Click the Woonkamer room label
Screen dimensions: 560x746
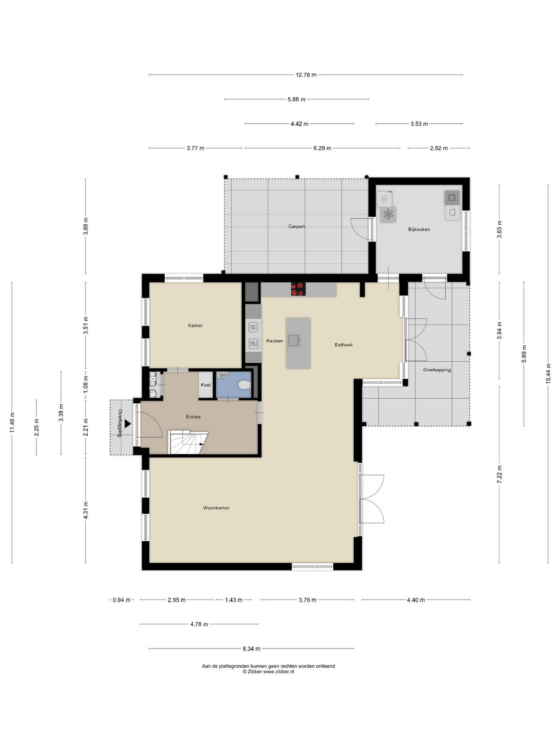(x=216, y=508)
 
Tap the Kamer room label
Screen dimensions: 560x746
(x=195, y=325)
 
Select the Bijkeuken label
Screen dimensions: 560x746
(x=419, y=229)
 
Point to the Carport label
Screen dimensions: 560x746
(x=296, y=226)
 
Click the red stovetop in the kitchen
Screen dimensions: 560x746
(x=298, y=289)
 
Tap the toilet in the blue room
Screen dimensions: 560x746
(x=245, y=385)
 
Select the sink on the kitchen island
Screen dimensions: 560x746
(x=294, y=340)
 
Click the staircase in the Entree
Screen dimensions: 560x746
(x=188, y=442)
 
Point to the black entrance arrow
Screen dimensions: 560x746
(x=127, y=423)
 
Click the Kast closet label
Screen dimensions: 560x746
(x=206, y=385)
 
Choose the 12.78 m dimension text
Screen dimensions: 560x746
(x=306, y=75)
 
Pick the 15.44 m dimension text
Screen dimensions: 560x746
(x=548, y=373)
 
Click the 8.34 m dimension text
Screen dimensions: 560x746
(x=252, y=649)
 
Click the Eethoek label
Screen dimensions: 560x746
(x=344, y=345)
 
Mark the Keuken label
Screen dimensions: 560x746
(x=275, y=340)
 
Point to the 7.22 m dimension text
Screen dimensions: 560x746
(x=499, y=474)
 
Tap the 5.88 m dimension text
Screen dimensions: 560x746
(x=296, y=99)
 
